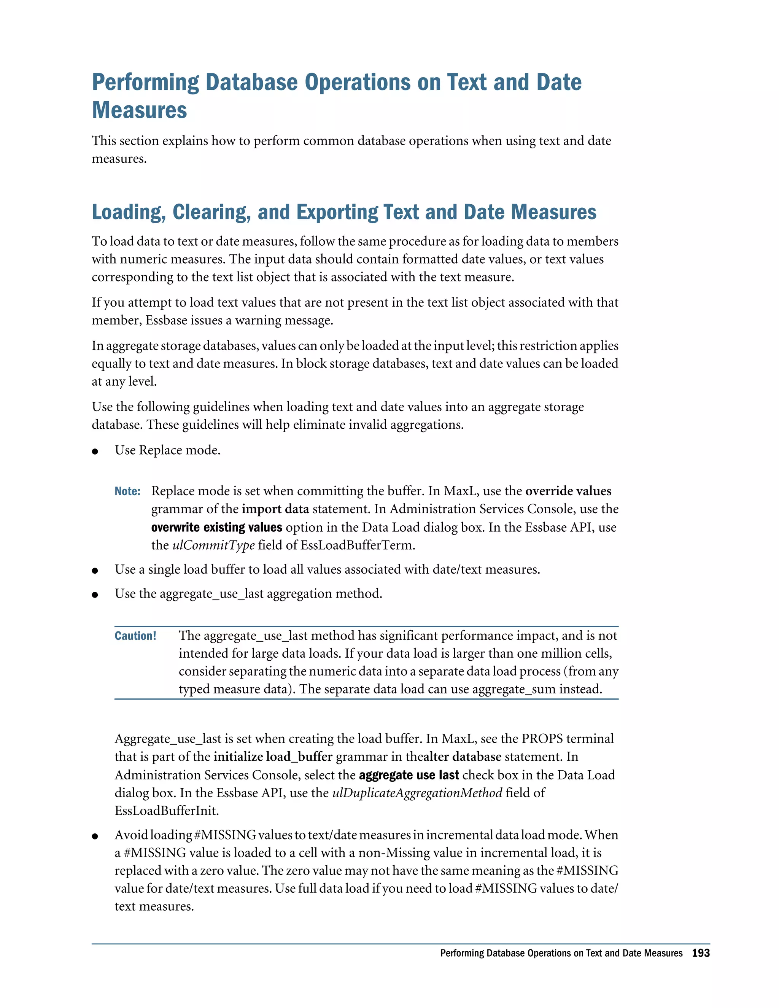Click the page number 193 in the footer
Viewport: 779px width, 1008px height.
[701, 953]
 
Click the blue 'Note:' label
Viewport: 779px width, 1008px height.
[127, 491]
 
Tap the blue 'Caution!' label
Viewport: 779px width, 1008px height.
[135, 636]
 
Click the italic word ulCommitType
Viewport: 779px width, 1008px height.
[213, 545]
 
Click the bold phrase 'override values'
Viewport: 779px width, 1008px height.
[568, 491]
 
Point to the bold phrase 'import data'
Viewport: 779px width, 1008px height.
[275, 509]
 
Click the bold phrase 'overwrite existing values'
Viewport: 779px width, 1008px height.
[216, 527]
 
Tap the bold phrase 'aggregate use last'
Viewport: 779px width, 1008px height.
[409, 775]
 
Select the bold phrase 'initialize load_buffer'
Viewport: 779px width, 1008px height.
[273, 757]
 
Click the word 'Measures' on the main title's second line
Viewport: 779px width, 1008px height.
[139, 110]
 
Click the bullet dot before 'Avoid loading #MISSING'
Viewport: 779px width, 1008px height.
[95, 836]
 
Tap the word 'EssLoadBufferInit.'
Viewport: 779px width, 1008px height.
[167, 811]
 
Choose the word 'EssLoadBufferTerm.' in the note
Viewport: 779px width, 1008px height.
[358, 545]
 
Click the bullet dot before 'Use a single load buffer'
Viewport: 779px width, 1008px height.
[95, 571]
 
